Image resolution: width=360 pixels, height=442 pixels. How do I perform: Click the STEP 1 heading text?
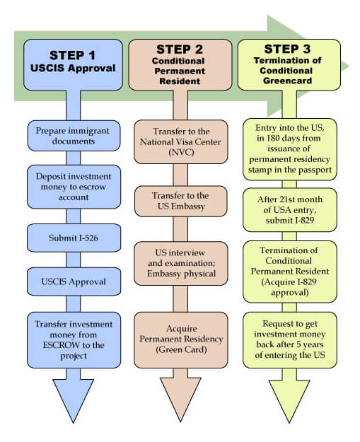(72, 55)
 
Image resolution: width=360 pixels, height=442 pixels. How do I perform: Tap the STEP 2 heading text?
(180, 50)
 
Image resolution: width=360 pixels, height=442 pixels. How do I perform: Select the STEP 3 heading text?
(287, 49)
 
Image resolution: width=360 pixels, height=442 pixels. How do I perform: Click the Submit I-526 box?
(74, 238)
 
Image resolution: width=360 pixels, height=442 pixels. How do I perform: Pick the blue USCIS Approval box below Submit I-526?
(74, 281)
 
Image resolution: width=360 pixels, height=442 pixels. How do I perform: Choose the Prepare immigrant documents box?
(74, 136)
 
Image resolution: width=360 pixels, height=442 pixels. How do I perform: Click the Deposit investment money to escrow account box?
(74, 187)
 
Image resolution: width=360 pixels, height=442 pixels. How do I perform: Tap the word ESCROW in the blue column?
(61, 345)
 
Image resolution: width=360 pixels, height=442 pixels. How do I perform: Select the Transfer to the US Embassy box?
(180, 201)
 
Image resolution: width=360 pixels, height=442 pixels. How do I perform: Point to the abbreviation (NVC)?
(181, 153)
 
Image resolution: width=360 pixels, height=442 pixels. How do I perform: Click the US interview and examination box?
(180, 263)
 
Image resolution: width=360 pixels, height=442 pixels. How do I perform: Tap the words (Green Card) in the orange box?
(181, 349)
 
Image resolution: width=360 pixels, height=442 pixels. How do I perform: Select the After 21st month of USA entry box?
(290, 210)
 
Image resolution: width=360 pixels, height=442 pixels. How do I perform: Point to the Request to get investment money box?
(290, 339)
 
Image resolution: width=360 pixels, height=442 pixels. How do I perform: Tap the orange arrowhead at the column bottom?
(180, 398)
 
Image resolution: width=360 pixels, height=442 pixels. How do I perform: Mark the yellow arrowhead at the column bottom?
(289, 400)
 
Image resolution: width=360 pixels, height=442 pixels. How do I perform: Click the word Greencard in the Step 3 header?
(288, 81)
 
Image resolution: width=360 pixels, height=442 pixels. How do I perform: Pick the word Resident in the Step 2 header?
(180, 81)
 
